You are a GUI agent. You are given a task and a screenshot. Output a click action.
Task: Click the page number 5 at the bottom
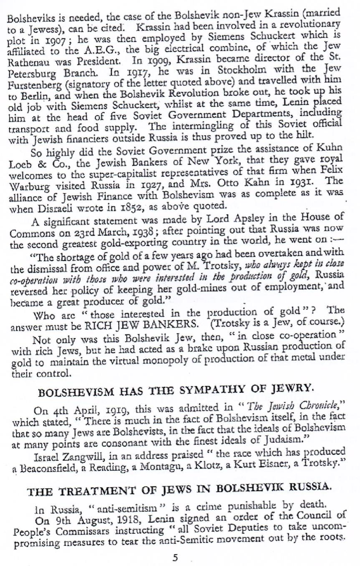click(x=175, y=557)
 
